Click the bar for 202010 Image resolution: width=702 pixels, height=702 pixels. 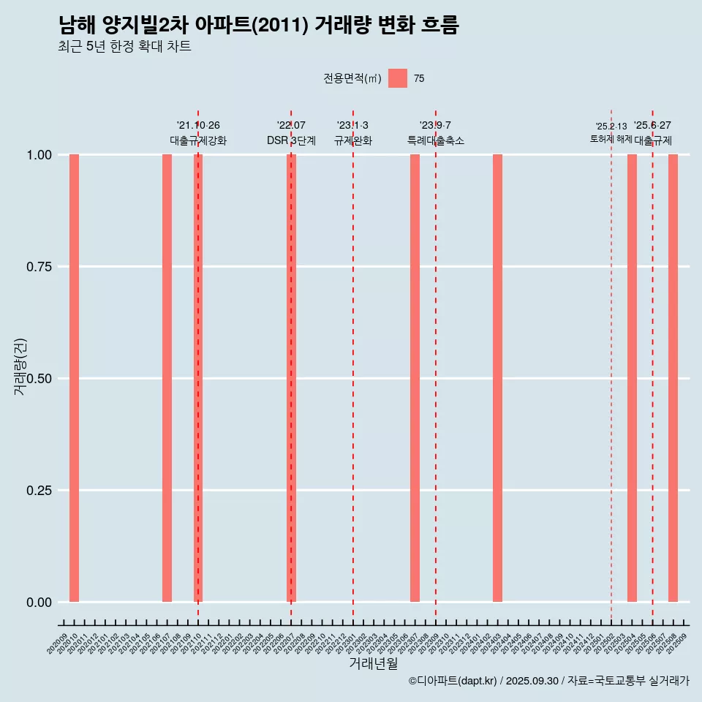(74, 378)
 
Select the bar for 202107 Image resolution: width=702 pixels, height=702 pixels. (167, 378)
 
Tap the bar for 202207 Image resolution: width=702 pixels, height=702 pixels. (291, 378)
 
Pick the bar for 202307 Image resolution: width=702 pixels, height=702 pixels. (415, 378)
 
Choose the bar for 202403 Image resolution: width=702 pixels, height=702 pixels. (497, 378)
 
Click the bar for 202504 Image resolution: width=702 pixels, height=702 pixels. (632, 378)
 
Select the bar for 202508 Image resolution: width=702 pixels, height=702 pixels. (673, 378)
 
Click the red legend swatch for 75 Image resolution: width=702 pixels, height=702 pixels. (398, 78)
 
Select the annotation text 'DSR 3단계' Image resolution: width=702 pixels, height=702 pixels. (291, 140)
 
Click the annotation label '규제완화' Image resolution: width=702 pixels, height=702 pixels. (353, 140)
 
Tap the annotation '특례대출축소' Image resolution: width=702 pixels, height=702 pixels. (436, 140)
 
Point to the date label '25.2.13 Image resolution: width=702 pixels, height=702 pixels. (611, 127)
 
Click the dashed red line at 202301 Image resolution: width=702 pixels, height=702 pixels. (353, 366)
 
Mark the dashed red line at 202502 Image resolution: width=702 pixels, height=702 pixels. (611, 366)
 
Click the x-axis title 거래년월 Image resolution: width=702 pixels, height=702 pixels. (373, 663)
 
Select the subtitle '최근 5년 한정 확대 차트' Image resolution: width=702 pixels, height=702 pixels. (124, 47)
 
